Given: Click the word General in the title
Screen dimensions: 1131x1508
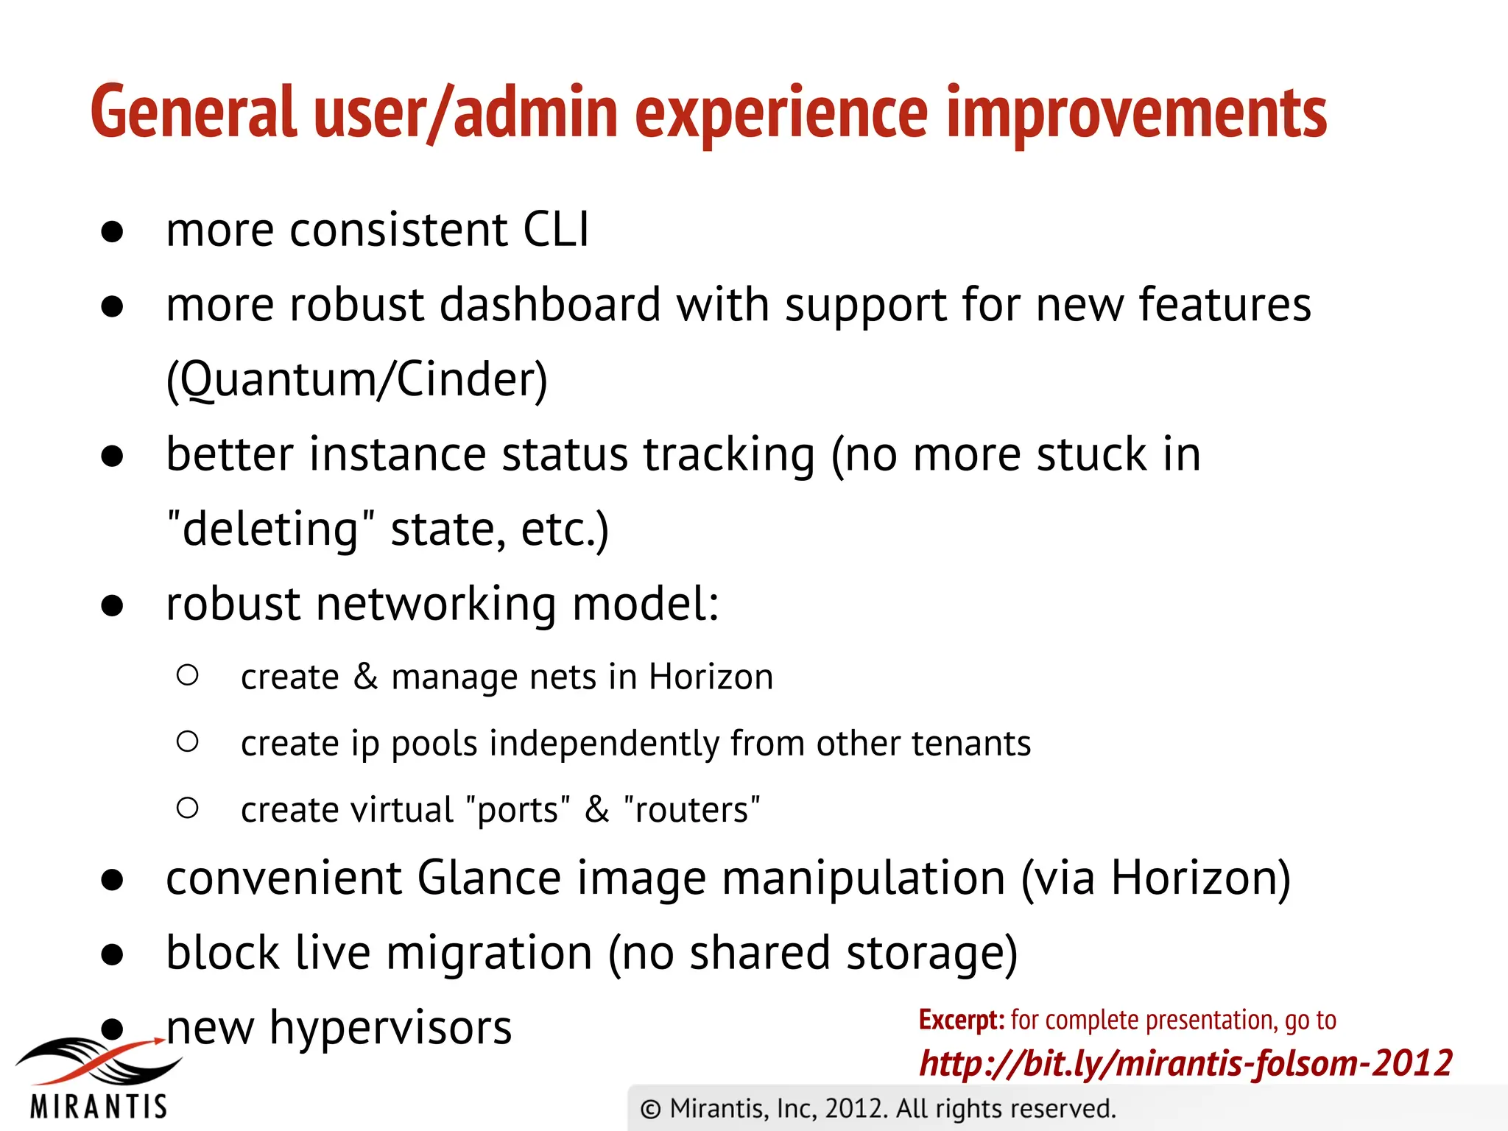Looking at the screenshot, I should pos(193,112).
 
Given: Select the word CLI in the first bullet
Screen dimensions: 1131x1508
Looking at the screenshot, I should pos(556,230).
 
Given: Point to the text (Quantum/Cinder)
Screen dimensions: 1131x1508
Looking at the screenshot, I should pos(357,380).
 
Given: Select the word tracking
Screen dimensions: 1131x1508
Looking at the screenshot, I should pos(729,454).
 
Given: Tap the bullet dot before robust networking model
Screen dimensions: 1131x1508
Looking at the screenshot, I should pos(112,605).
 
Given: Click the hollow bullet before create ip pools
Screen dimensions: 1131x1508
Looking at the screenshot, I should pos(188,741).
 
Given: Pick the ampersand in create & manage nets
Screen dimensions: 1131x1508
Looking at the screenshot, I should pos(365,676).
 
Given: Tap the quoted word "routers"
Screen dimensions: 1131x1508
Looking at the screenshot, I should pos(691,810).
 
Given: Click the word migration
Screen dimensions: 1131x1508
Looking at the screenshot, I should pos(489,953).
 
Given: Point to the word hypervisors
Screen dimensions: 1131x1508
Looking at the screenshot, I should pos(390,1028).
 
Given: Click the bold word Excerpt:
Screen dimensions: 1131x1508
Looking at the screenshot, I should pos(961,1021).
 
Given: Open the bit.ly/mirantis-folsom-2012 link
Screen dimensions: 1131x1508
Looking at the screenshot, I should pos(1185,1063).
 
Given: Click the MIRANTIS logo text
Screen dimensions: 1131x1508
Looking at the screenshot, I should pos(99,1107).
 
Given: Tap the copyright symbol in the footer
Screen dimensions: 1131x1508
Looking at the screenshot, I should pos(650,1109).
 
